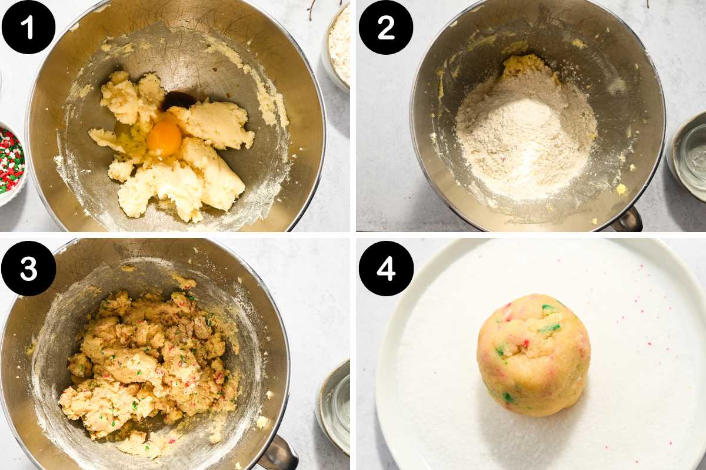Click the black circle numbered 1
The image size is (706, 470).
point(28,27)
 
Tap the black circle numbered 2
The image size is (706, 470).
point(386,28)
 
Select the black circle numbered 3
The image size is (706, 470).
point(28,269)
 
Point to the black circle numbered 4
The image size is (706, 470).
point(386,269)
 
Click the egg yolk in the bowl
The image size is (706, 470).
point(164,138)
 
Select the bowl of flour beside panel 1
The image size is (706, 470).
point(337,47)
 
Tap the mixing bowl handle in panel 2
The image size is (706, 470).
point(627,220)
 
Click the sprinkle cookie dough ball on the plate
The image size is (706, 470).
point(533,355)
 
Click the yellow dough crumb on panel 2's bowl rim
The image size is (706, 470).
point(621,189)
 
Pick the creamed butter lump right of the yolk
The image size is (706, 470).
point(214,125)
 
